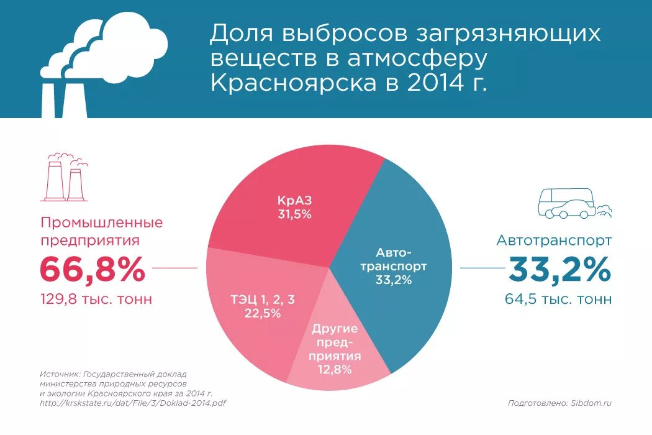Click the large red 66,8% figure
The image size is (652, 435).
[93, 270]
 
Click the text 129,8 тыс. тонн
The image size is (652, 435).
[96, 300]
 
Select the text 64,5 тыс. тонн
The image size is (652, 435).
[558, 300]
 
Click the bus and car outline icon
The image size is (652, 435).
[571, 204]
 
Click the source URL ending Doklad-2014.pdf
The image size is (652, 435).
[132, 403]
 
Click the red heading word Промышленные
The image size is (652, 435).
[102, 222]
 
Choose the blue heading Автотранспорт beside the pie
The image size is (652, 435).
[554, 240]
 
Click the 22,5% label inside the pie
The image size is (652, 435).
[263, 313]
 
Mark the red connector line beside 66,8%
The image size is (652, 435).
[174, 268]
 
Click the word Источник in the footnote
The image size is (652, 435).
[60, 375]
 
